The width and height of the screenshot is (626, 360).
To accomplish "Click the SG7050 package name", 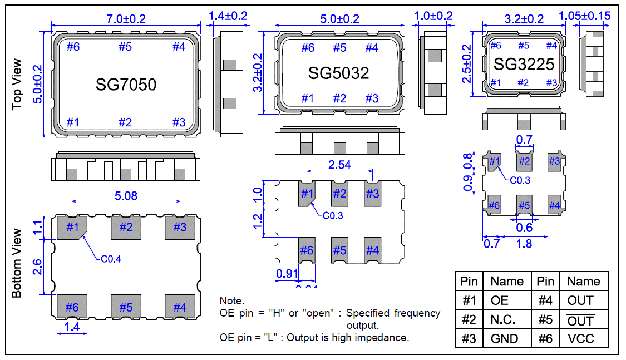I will [x=126, y=85].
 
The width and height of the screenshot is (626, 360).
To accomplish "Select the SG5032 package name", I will [x=339, y=72].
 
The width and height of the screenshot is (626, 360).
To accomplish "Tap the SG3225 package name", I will [x=524, y=65].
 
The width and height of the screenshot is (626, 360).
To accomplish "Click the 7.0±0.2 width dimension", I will [x=125, y=18].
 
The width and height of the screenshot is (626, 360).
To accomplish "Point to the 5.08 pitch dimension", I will [x=125, y=196].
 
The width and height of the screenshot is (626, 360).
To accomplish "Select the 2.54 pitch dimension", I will [x=339, y=165].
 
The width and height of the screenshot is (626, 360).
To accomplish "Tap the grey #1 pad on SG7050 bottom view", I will [x=72, y=227].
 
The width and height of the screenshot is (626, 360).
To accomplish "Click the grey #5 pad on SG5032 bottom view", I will [x=339, y=250].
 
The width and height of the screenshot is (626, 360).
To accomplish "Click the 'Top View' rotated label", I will [x=17, y=83].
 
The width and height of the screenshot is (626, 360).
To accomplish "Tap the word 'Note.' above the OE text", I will [x=232, y=301].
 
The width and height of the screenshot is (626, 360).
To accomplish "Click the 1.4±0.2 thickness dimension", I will [x=228, y=17].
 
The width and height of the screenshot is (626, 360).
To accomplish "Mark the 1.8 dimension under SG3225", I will [x=525, y=243].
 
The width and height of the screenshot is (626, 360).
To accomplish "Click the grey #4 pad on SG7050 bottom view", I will [x=179, y=307].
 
